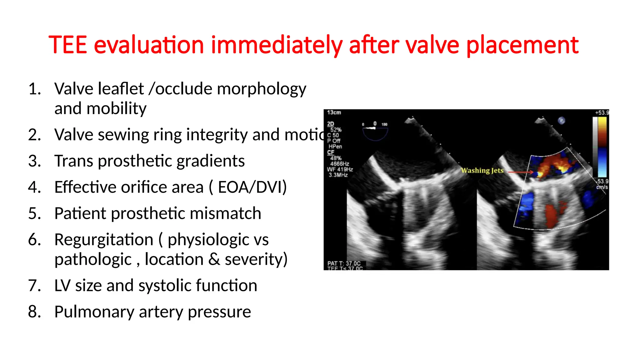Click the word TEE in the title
(x=67, y=45)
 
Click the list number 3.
(x=34, y=161)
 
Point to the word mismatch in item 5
(x=225, y=214)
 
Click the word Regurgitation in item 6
(x=104, y=240)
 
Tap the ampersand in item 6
(x=214, y=260)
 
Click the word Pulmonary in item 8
(x=94, y=312)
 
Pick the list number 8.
(x=34, y=312)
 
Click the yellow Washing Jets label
(x=482, y=171)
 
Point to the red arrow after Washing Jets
(x=520, y=172)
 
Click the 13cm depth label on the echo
(x=334, y=112)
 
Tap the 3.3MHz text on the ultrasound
(x=338, y=175)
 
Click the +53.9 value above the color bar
(x=602, y=113)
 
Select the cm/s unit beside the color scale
(x=602, y=187)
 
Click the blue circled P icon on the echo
(x=562, y=120)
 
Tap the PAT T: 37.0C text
(x=344, y=263)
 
